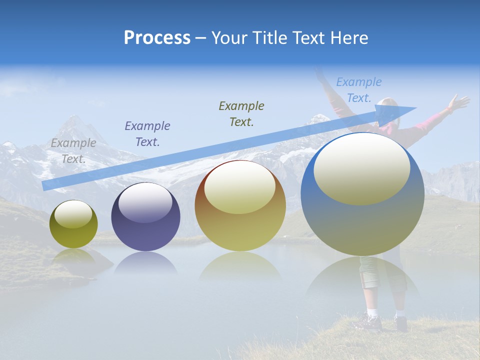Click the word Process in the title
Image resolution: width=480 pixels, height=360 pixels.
tap(157, 38)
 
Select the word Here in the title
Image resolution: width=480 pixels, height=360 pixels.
tap(348, 38)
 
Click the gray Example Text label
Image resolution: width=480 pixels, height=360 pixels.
tap(73, 150)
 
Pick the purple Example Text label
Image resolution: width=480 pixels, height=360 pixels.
tap(147, 133)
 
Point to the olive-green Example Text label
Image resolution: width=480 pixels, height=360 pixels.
tap(241, 113)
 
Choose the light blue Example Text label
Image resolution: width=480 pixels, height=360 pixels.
tap(358, 89)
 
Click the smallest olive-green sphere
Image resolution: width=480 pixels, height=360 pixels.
tap(73, 224)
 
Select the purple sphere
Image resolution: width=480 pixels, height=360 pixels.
tap(145, 217)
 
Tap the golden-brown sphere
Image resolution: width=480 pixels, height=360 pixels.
tap(240, 206)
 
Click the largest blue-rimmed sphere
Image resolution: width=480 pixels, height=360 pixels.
tap(362, 194)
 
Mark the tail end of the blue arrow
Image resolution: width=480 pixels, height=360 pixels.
tap(44, 185)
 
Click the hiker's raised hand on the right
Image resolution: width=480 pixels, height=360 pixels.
tap(457, 102)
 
